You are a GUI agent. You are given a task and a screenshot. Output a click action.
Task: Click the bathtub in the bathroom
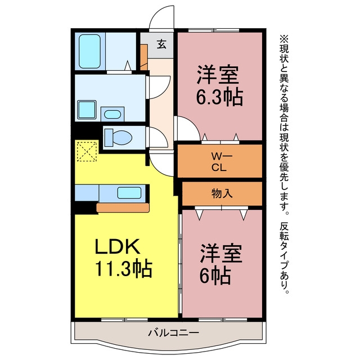[x=90, y=51]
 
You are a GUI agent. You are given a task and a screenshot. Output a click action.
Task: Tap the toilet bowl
[x=119, y=138]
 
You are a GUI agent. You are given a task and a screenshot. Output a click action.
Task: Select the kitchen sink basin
[x=129, y=192]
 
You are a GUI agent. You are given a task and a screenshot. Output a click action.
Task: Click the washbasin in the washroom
[x=112, y=114]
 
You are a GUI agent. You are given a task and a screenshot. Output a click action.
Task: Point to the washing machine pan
[x=87, y=110]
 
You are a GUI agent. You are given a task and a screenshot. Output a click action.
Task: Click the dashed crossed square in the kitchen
[x=87, y=151]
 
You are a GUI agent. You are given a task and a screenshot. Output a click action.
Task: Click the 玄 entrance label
[x=161, y=44]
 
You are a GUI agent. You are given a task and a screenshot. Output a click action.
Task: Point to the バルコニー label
[x=173, y=332]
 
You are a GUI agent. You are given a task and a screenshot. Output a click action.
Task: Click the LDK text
[x=117, y=246]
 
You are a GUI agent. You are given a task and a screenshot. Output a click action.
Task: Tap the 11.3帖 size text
[x=123, y=268]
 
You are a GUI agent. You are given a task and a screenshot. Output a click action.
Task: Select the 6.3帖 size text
[x=219, y=96]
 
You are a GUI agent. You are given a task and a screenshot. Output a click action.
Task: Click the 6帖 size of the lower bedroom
[x=215, y=275]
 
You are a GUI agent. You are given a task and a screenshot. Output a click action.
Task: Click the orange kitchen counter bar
[x=123, y=208]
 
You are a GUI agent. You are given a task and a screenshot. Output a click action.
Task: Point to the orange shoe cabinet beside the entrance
[x=144, y=57]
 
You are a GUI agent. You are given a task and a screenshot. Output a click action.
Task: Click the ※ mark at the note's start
[x=283, y=39]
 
